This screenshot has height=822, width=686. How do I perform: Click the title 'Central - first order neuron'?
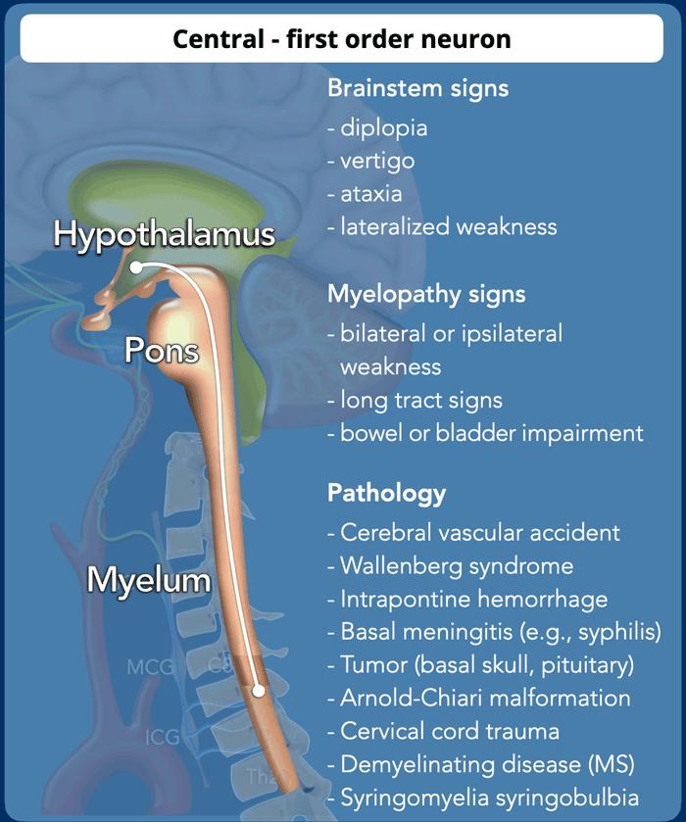coord(342,39)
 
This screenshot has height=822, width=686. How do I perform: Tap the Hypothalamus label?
coord(164,235)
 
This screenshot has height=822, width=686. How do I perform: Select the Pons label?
coord(162,351)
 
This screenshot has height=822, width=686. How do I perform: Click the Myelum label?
coord(149,579)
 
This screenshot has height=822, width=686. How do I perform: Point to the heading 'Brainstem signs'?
coord(417,88)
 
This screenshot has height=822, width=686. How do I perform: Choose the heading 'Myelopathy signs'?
coord(426,294)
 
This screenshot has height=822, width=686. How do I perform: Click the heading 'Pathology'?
coord(386,492)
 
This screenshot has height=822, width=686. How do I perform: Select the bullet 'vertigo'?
coord(377,161)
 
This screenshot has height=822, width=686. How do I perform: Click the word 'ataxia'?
coord(371,194)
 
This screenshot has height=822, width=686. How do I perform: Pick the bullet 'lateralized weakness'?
coord(448,227)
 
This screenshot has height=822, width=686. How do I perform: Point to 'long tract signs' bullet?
coord(420,400)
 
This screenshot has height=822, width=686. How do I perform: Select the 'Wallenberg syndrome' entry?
coord(456,566)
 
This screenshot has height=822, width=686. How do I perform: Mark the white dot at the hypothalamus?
coord(135,266)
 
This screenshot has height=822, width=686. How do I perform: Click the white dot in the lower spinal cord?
coord(258,690)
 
